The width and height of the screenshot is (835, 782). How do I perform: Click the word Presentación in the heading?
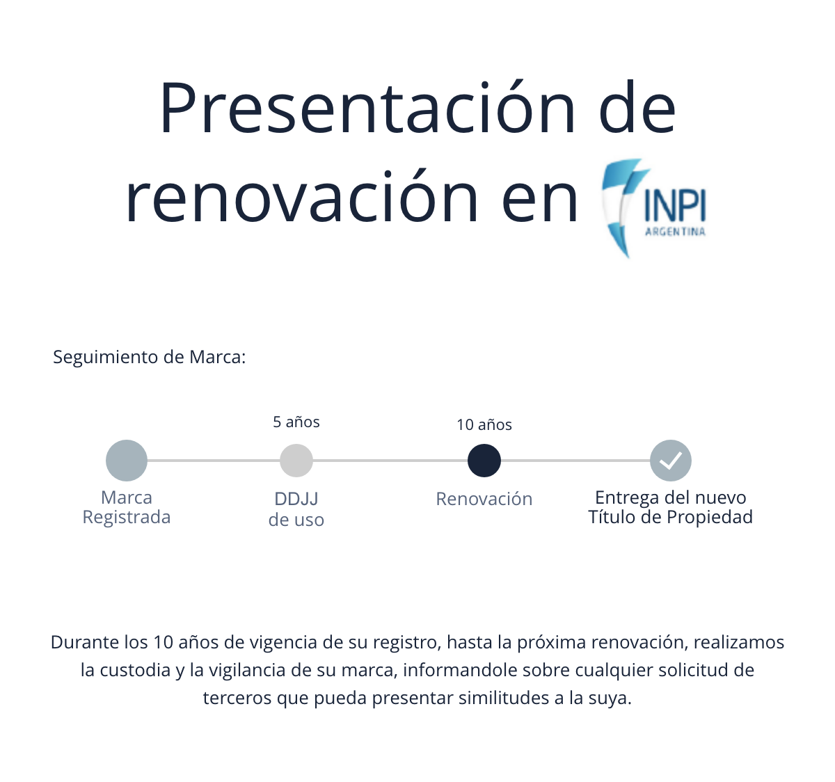[367, 108]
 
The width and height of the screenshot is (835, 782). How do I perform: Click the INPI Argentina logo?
[654, 208]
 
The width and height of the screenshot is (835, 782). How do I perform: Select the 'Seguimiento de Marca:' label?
[150, 358]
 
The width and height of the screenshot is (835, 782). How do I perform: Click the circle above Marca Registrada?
[127, 461]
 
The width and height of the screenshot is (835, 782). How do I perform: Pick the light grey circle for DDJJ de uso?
[296, 461]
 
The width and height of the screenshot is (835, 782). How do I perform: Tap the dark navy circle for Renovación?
[484, 461]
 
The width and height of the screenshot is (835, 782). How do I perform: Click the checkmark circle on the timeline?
[671, 461]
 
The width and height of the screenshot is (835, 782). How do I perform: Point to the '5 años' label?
[296, 422]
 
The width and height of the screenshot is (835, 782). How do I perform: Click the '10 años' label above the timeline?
[484, 425]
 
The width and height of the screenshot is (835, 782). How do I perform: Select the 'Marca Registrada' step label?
[127, 507]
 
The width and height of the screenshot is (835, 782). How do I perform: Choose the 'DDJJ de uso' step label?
[296, 509]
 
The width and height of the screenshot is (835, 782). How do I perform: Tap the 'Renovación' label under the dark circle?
[484, 499]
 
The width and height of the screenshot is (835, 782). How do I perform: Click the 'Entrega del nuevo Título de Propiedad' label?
[671, 507]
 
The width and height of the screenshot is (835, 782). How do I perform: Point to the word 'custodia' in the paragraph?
[135, 670]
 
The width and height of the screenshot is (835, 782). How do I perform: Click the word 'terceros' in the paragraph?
[237, 699]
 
